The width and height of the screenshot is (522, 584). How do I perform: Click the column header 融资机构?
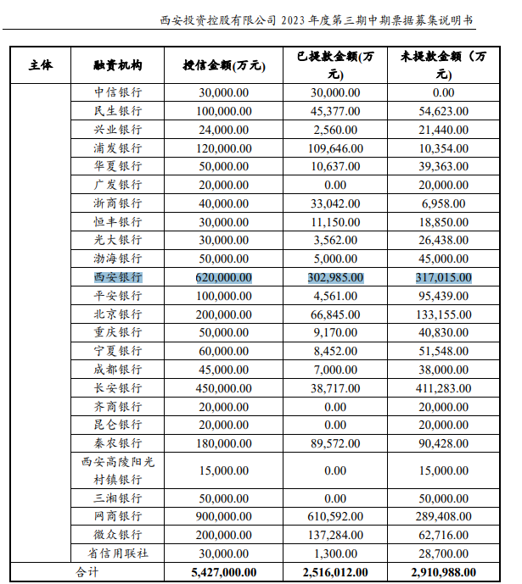[118, 65]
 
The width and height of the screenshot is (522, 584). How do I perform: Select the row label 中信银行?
[118, 92]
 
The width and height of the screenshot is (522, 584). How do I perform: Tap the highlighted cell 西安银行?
[118, 277]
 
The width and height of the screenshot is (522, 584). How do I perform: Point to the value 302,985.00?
[335, 277]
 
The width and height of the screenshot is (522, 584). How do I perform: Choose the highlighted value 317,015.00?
[443, 277]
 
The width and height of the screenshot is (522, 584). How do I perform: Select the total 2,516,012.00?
[335, 572]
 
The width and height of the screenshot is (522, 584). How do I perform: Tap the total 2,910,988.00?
[443, 572]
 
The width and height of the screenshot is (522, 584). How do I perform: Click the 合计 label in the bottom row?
[88, 572]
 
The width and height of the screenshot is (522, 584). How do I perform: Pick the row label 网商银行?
[118, 516]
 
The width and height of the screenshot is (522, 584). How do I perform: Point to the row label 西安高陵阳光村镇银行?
[118, 470]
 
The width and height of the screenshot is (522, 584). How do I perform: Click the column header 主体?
[40, 65]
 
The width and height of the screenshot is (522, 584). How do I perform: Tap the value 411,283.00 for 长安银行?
[443, 387]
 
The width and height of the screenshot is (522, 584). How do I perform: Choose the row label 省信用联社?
[118, 553]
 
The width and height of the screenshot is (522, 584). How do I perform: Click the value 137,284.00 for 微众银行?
[335, 535]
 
